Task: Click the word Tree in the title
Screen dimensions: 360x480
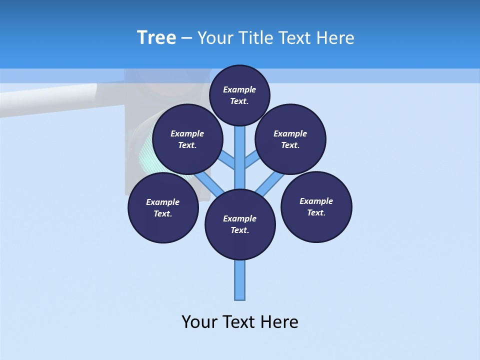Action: [x=156, y=37]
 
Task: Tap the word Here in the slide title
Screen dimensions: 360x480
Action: [x=334, y=38]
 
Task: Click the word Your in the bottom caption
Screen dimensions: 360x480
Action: [x=200, y=322]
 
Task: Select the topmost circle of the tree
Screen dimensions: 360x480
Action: [x=239, y=95]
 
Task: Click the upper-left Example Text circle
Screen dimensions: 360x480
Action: [x=187, y=139]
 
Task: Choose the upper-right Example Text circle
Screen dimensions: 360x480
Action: [x=290, y=139]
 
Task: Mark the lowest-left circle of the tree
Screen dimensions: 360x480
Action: [x=163, y=207]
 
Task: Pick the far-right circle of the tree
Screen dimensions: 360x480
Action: [x=316, y=206]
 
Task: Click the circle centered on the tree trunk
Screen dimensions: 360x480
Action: [x=240, y=224]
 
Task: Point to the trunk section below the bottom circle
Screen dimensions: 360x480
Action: [x=240, y=280]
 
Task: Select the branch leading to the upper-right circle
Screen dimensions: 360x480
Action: [x=251, y=161]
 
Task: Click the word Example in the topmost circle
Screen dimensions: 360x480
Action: [x=239, y=90]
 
